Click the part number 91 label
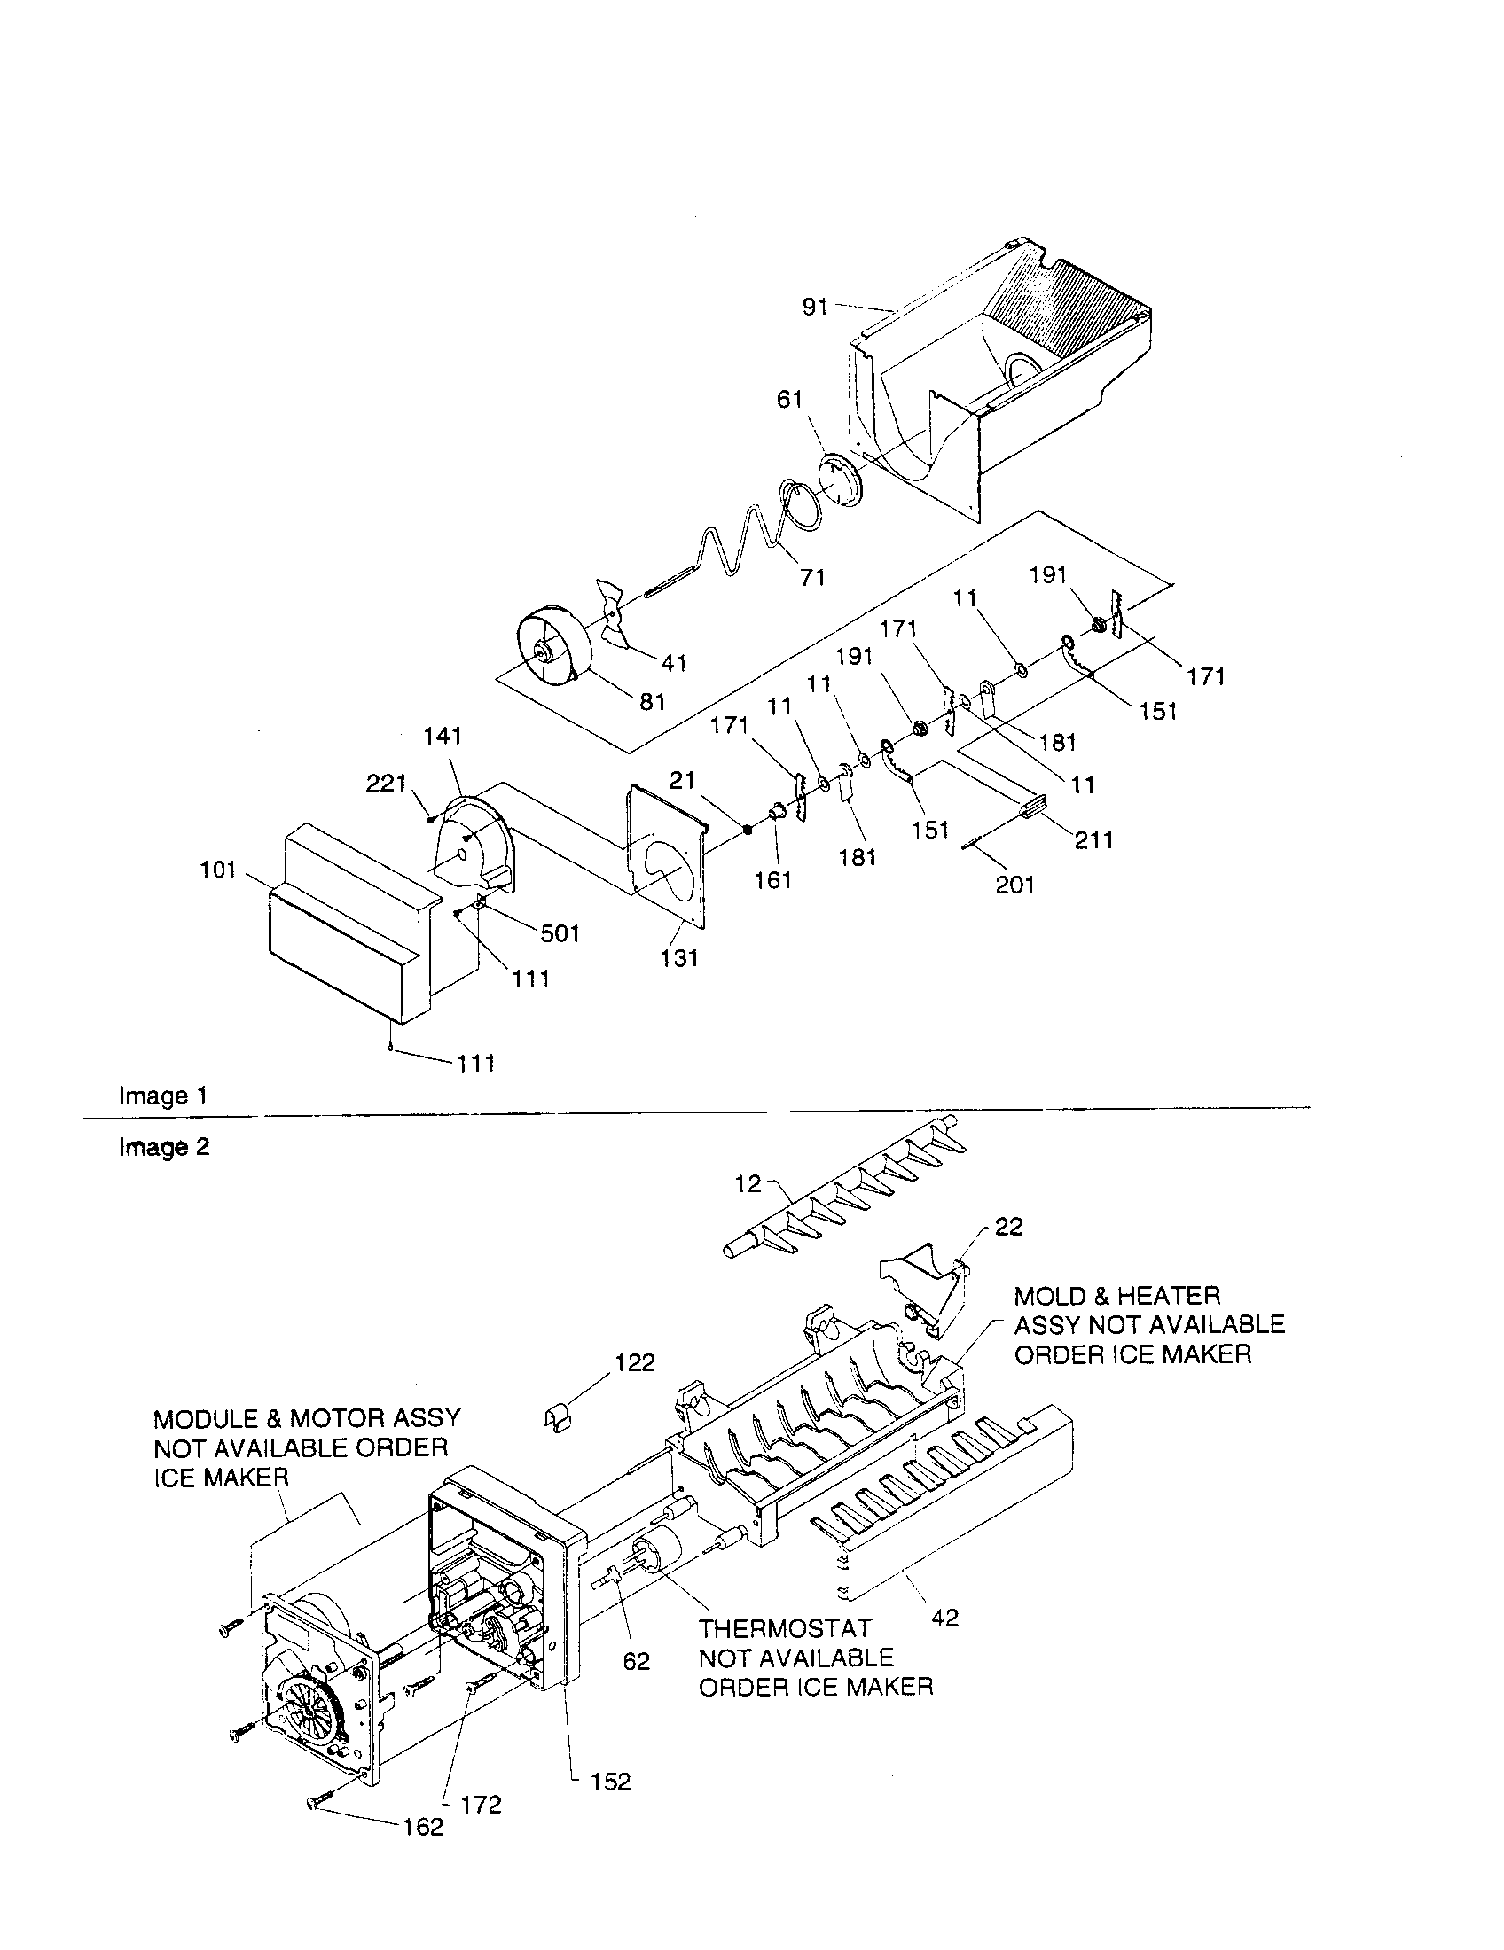[813, 308]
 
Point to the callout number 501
[559, 934]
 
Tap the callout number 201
[1014, 885]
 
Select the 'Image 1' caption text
[163, 1096]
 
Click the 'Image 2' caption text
[163, 1147]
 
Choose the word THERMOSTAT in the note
[783, 1628]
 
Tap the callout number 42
[944, 1617]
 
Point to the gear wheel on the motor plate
[308, 1711]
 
